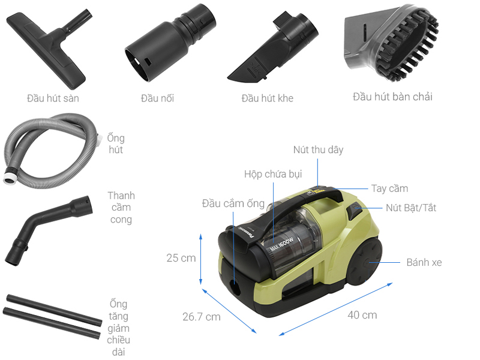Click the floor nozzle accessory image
point(46,49)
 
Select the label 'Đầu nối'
point(157,98)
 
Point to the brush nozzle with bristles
point(392,43)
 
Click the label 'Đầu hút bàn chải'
point(392,97)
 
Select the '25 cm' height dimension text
point(181,258)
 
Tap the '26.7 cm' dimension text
point(202,317)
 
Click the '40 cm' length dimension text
point(362,315)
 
